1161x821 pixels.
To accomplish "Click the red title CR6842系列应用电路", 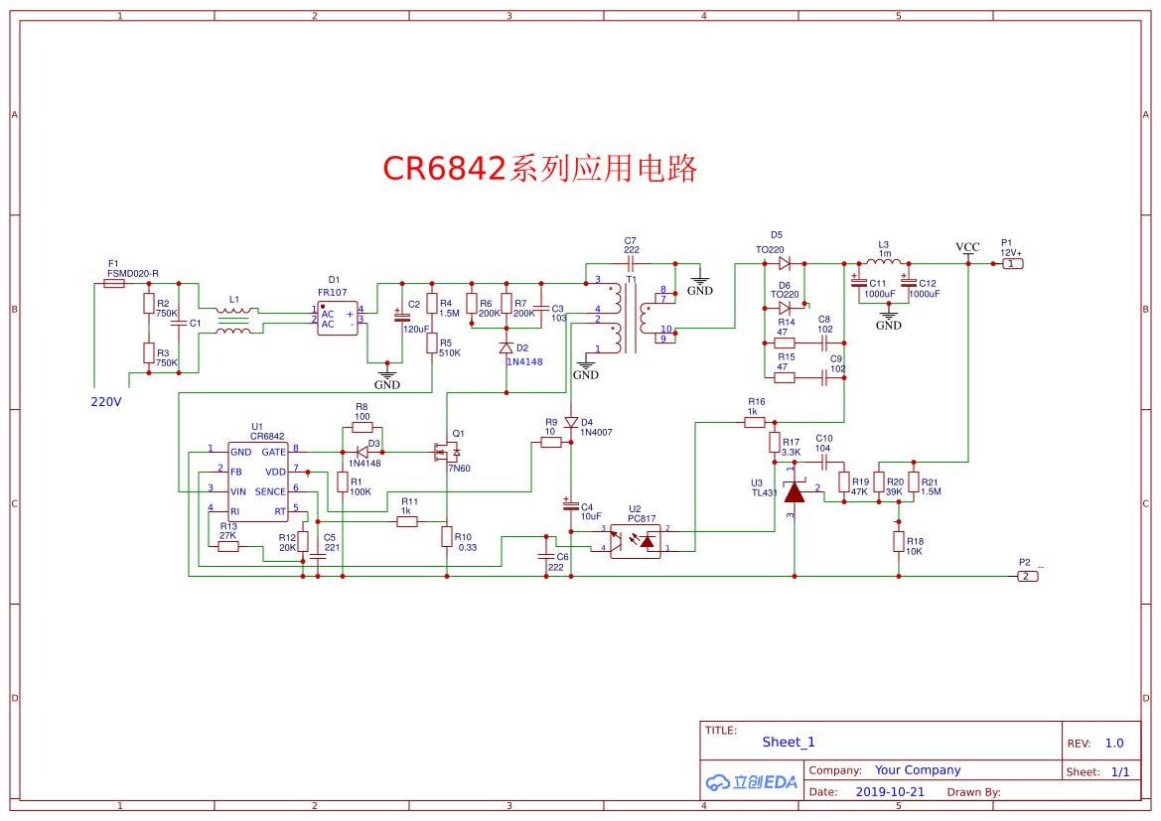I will point(540,168).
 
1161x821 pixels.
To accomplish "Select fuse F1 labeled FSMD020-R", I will point(114,283).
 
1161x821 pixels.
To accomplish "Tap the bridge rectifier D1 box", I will point(337,319).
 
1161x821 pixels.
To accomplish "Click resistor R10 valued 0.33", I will point(447,536).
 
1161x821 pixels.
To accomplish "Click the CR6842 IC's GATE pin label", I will point(273,452).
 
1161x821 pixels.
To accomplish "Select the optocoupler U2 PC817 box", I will point(635,541).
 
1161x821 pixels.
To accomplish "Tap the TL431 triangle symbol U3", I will point(794,492).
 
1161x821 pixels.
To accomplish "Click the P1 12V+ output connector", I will point(1011,263).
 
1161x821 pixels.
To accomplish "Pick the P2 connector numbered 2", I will point(1028,576).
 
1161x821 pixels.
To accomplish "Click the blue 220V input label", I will point(105,402).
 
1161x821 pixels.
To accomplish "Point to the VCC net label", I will point(967,247).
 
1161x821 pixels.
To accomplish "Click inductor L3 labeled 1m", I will point(884,263).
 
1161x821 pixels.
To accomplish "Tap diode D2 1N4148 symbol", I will point(506,347).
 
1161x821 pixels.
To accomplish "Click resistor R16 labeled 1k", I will point(755,422).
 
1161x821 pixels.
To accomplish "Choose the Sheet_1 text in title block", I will point(788,742).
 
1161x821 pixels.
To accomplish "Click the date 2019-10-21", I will point(889,792).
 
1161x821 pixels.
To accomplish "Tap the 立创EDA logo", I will point(751,781).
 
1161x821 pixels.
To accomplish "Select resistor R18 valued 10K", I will point(898,541).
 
